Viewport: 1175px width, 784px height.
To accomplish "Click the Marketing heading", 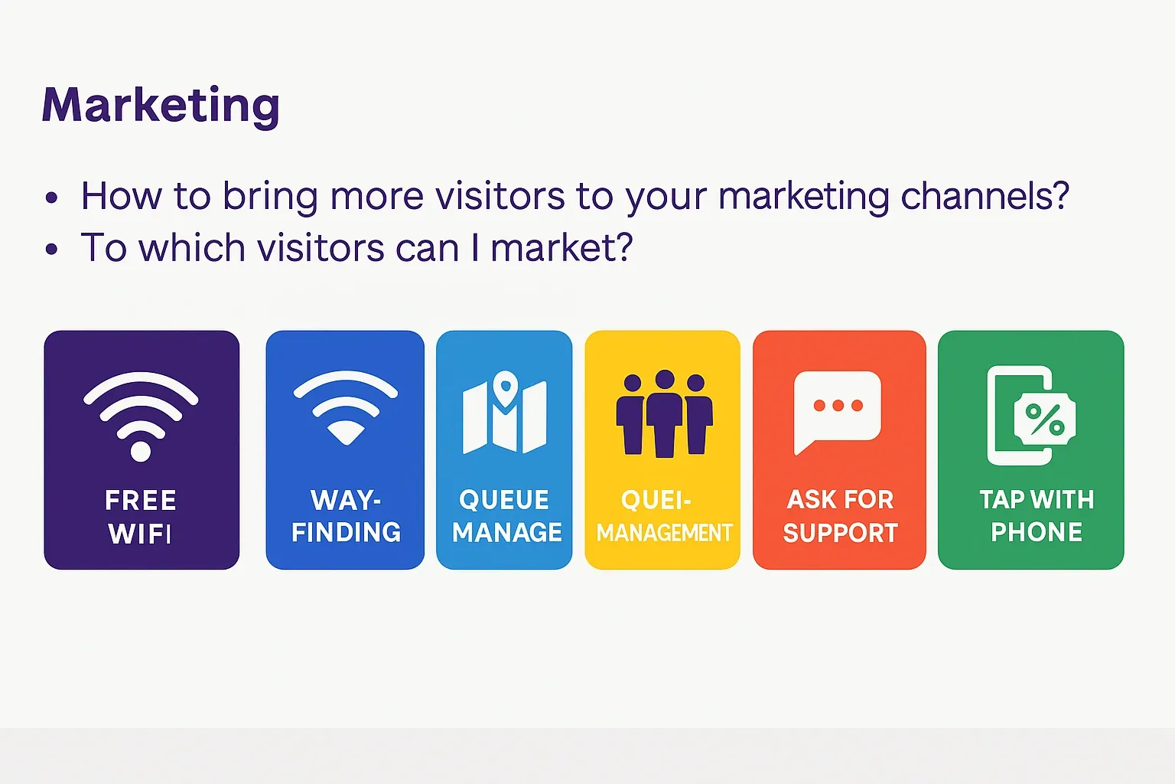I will (161, 105).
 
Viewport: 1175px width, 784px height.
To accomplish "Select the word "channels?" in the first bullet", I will (985, 196).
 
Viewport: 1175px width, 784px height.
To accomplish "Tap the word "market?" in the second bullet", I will (561, 248).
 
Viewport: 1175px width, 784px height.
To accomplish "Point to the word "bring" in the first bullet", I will (269, 197).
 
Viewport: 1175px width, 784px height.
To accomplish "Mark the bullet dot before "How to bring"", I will (51, 198).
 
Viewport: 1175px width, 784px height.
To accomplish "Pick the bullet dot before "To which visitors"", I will (51, 250).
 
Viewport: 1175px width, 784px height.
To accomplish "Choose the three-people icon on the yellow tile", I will (664, 413).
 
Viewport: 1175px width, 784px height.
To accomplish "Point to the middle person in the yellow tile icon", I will (664, 413).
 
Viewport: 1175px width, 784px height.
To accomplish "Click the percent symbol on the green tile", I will (1045, 419).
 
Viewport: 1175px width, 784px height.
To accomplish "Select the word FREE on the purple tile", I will (141, 501).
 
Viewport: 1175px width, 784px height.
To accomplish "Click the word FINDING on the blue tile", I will (346, 532).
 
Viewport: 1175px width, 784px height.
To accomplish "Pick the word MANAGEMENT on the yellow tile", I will (664, 532).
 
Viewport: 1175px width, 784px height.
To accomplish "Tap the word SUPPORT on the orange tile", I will (840, 532).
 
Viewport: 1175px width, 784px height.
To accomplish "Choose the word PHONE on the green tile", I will (1037, 532).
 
